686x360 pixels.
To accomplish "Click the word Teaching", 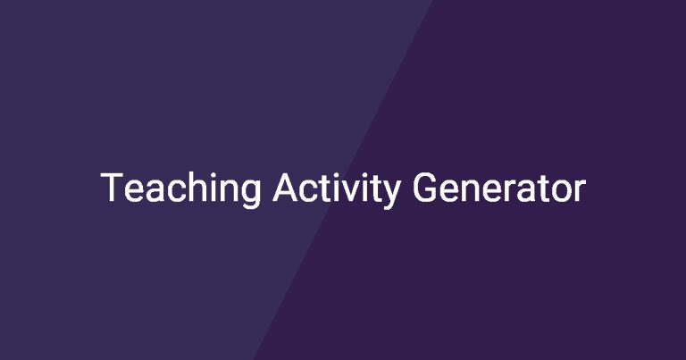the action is point(180,189).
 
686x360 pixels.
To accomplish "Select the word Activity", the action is point(336,189).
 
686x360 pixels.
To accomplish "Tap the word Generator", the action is point(498,188).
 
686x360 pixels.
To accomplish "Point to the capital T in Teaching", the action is point(112,188).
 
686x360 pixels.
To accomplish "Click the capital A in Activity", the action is point(287,188).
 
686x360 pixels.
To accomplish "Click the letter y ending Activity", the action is point(389,195).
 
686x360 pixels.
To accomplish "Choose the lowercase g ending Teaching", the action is point(252,195).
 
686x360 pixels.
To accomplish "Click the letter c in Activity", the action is point(312,191).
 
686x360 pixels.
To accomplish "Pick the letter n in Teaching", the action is point(230,191).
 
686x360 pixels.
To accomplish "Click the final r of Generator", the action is point(581,191).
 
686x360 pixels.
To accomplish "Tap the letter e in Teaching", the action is point(134,191).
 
